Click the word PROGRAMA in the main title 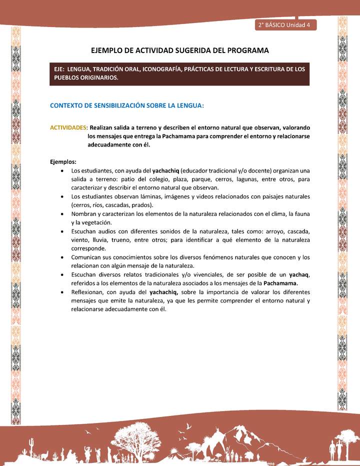click(244, 50)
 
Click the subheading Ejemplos click(63, 161)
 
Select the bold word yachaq click(299, 274)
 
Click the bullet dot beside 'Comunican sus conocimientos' click(61, 257)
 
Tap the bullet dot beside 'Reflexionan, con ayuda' click(61, 292)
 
